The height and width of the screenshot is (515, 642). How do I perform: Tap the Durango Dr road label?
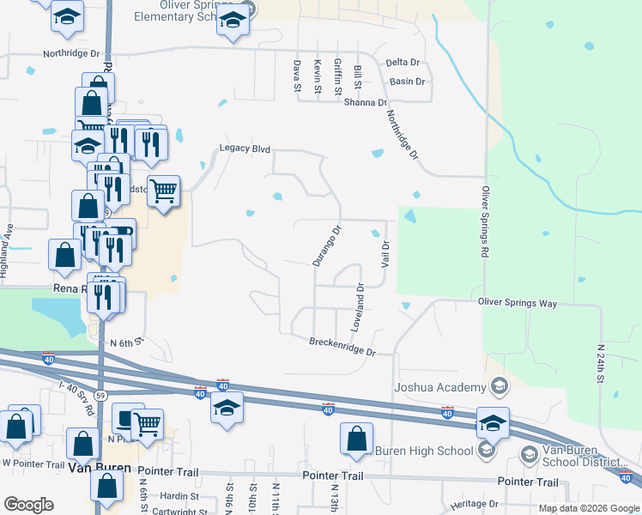coord(327,245)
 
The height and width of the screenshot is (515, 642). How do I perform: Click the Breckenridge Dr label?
coord(342,347)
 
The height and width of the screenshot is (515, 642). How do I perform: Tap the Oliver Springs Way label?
coord(518,303)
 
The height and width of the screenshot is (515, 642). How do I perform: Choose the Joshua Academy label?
coord(439,387)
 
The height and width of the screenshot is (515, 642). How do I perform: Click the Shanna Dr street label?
coord(365,102)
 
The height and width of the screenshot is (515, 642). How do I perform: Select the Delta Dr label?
coord(403,63)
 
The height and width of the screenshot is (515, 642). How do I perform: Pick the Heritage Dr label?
coord(480,504)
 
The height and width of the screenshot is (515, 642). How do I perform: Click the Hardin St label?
coord(179,495)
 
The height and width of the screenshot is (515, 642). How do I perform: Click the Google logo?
coord(28,505)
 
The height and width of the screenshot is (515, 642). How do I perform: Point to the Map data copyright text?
coord(589,508)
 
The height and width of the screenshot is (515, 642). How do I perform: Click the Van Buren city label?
coord(100,469)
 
